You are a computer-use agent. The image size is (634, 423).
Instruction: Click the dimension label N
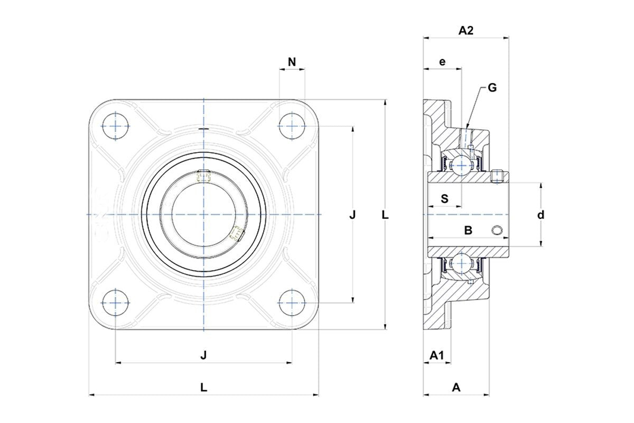292,62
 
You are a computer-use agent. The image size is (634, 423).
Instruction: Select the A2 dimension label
465,31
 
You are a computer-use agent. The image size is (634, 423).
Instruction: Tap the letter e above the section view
443,62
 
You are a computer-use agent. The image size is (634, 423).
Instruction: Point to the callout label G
492,88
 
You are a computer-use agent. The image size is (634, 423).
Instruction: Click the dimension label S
445,199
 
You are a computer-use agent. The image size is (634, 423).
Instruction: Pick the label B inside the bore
468,230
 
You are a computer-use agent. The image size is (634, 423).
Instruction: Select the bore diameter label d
540,215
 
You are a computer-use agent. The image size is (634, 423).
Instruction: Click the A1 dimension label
436,355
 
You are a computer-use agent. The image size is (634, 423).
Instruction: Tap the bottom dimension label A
456,387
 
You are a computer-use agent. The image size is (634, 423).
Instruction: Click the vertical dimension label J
353,215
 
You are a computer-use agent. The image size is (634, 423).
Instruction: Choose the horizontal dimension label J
203,355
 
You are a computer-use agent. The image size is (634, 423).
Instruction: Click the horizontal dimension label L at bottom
203,387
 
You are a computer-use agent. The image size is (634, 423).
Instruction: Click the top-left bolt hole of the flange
115,126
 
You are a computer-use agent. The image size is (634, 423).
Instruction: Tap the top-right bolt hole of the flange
292,126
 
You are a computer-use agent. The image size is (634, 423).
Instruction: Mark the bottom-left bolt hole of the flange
115,303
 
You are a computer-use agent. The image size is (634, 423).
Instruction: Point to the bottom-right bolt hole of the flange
292,303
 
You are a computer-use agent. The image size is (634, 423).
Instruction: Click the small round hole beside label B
497,229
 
